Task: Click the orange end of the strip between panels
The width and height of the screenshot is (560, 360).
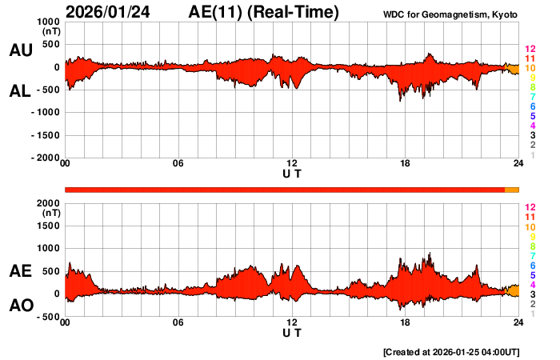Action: [x=512, y=190]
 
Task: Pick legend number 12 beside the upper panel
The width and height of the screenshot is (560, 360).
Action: [x=530, y=49]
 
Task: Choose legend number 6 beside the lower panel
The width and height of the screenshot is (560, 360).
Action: [x=531, y=265]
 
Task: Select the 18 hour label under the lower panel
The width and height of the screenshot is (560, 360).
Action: [x=405, y=322]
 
